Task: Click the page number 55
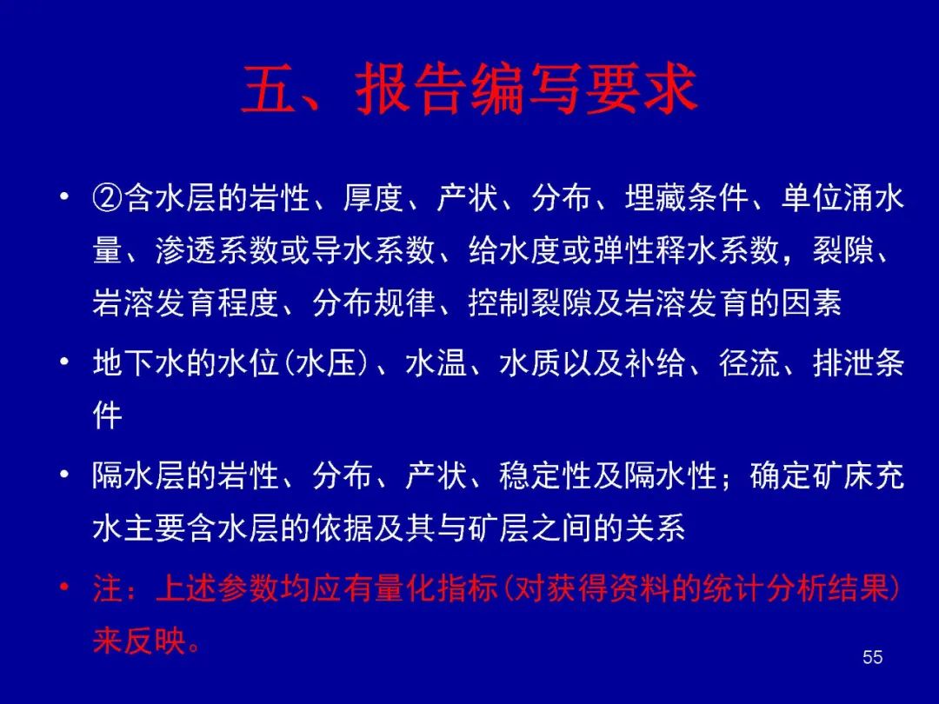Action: tap(873, 657)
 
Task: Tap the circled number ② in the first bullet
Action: tap(108, 198)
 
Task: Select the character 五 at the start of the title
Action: tap(269, 90)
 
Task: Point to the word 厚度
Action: tap(374, 198)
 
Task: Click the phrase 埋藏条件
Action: tap(687, 198)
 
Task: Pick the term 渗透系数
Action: tap(218, 250)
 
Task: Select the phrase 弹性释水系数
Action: tap(686, 250)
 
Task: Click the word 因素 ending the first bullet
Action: tap(811, 302)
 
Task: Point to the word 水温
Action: tap(436, 363)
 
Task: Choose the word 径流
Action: tap(749, 363)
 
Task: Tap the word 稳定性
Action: tap(545, 476)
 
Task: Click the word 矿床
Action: tap(842, 476)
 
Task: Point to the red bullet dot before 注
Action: tap(64, 587)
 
